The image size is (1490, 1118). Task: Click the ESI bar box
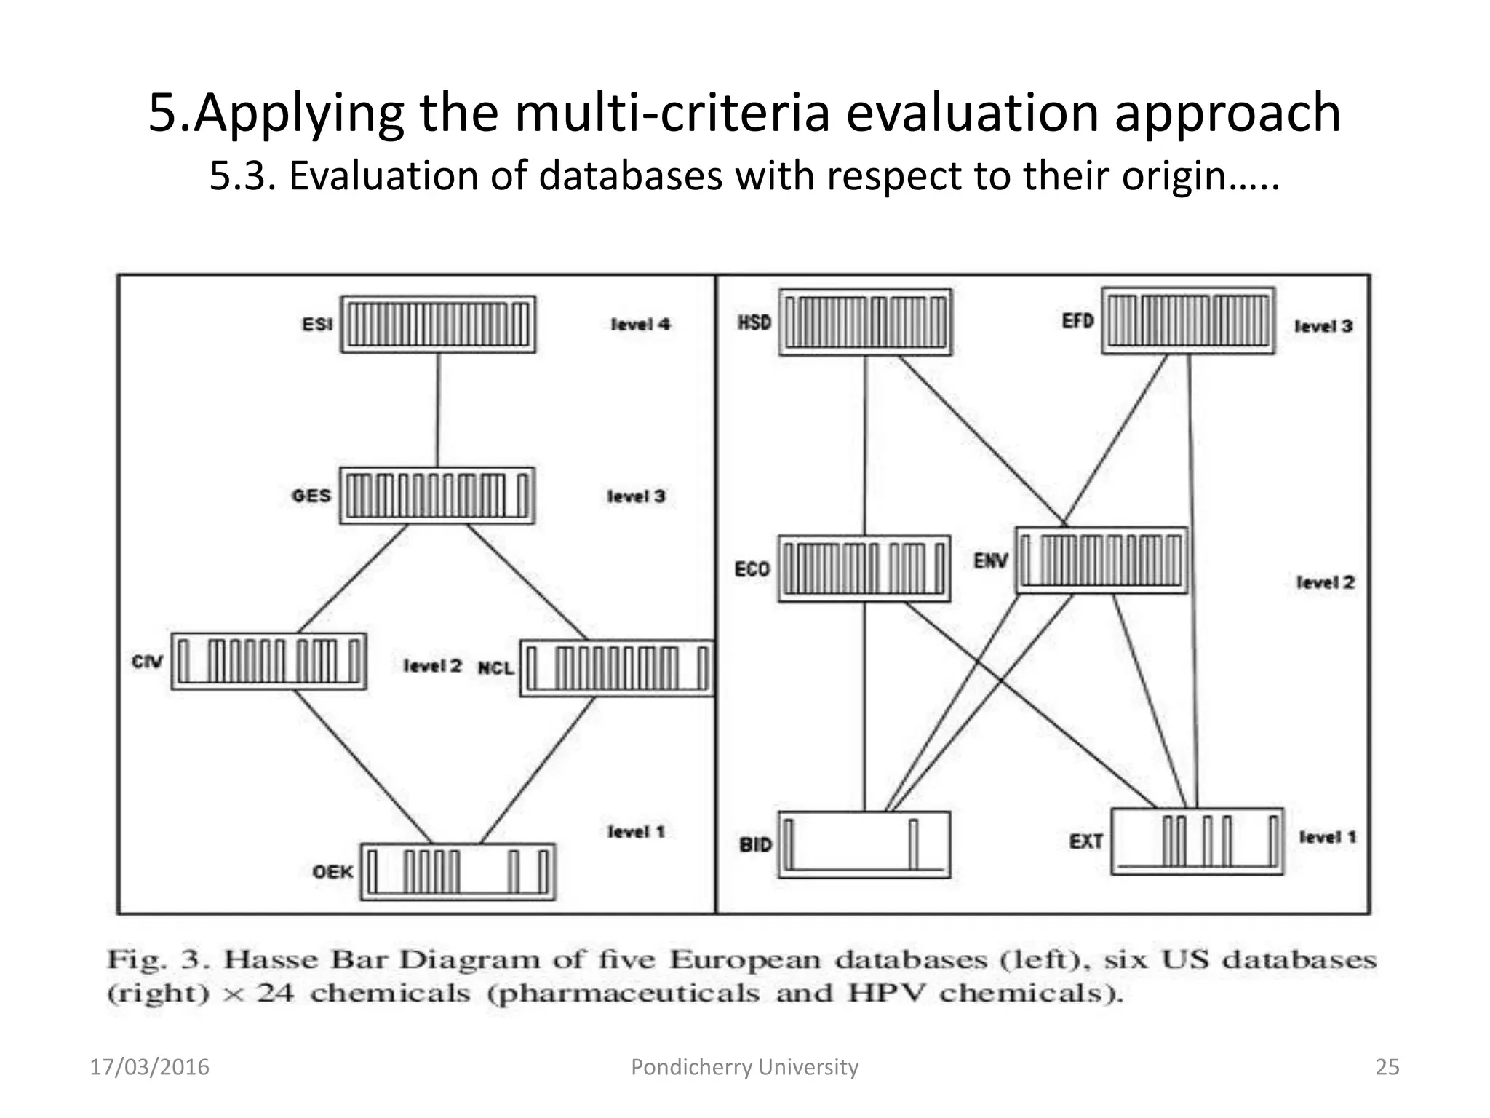coord(438,325)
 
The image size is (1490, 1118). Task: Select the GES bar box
coord(437,496)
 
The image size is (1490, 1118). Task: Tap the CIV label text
coord(147,662)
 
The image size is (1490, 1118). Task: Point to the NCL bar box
coord(617,668)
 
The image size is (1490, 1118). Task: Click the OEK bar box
coord(458,872)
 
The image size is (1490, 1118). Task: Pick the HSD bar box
coord(865,322)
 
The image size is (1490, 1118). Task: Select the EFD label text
coord(1077,321)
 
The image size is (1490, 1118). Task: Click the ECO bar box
coord(864,568)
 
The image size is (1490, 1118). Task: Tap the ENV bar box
coord(1101,560)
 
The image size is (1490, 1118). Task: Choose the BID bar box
coord(864,844)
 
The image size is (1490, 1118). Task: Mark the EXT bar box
coord(1197,841)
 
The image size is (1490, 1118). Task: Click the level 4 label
coord(640,325)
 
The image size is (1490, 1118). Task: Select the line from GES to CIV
coord(352,579)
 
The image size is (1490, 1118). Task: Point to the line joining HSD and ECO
coord(865,444)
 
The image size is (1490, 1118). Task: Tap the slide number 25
coord(1387,1067)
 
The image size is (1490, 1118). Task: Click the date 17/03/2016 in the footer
coord(149,1067)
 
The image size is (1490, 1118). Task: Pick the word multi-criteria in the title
coord(672,113)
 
